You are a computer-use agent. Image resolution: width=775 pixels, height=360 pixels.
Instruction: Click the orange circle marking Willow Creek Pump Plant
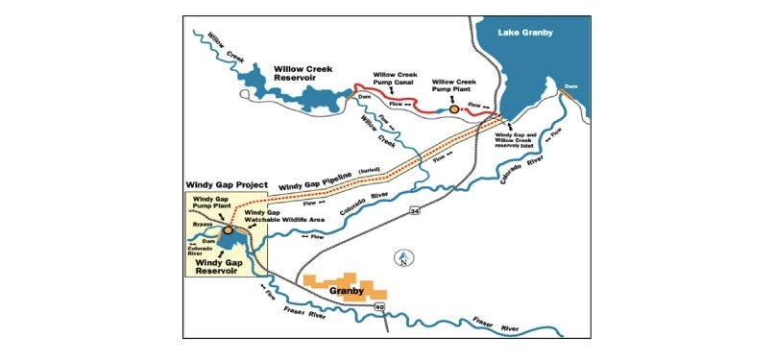pos(454,109)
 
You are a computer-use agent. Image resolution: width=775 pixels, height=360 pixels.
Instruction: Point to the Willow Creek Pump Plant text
pos(456,88)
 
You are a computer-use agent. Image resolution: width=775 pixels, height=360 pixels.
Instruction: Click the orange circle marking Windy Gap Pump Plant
pos(229,230)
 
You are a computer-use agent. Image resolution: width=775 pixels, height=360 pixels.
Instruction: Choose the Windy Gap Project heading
pos(225,184)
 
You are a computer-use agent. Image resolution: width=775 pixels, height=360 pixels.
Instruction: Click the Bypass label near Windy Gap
pos(201,224)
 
